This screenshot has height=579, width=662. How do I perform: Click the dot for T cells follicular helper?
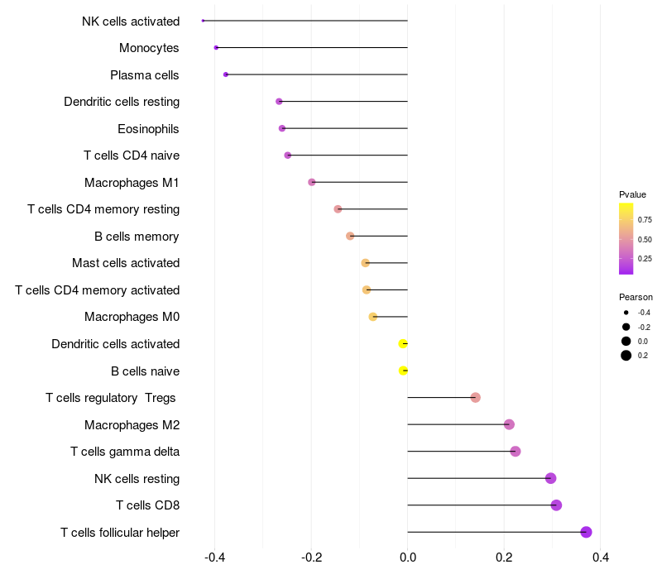click(x=586, y=532)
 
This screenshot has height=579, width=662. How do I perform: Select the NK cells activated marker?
click(x=203, y=21)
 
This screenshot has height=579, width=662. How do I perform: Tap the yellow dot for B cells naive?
click(x=403, y=371)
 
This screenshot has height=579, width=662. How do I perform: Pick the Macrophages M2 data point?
click(x=509, y=424)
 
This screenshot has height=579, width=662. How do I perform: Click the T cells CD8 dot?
click(x=556, y=505)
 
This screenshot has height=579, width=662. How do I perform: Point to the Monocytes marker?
click(x=216, y=48)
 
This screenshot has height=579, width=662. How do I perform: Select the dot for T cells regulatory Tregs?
click(x=475, y=398)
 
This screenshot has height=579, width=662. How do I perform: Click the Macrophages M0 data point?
click(x=373, y=317)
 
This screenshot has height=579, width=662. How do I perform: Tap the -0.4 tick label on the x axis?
click(x=215, y=558)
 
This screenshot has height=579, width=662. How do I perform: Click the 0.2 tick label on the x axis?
click(x=504, y=558)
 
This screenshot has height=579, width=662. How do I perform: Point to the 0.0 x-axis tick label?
click(x=408, y=558)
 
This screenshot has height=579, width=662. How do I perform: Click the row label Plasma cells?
click(x=145, y=75)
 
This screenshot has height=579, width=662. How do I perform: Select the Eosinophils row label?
click(x=148, y=129)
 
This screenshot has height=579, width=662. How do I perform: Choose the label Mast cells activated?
click(x=126, y=263)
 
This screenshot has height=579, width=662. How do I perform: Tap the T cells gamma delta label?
click(x=125, y=452)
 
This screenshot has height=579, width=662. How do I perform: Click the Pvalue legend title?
click(x=632, y=194)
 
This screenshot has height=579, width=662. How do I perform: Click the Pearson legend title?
click(x=636, y=297)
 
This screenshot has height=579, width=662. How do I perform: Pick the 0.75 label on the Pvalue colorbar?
click(x=644, y=220)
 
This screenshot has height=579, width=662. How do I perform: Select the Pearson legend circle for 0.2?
click(x=626, y=356)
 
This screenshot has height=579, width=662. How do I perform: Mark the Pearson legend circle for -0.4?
click(x=626, y=313)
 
